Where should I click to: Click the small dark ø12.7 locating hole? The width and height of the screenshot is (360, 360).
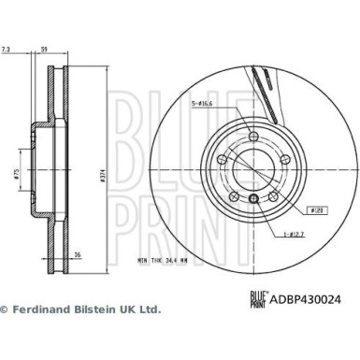tap(252, 198)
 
